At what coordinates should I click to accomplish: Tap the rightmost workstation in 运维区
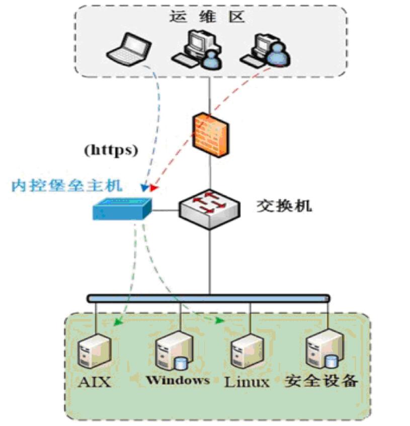click(x=265, y=50)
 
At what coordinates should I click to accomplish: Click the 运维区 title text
click(x=207, y=17)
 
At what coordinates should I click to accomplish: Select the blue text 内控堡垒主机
click(x=66, y=186)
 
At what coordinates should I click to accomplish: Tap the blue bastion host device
click(x=122, y=208)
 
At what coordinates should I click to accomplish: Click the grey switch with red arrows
click(x=210, y=207)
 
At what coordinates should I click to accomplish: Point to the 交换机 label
click(x=284, y=206)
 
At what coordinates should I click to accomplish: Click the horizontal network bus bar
click(x=208, y=298)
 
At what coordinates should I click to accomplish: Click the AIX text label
click(x=95, y=382)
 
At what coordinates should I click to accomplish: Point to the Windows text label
click(x=178, y=380)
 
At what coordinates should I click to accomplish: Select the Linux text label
click(x=247, y=382)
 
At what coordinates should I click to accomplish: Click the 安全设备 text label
click(x=321, y=381)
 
